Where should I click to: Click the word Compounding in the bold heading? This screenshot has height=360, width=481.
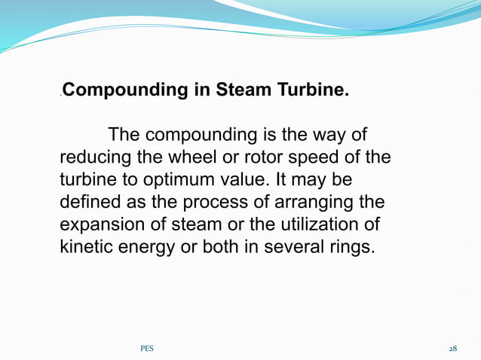(124, 92)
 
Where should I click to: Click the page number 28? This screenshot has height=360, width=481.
(452, 349)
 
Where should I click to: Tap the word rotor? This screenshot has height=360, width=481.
(259, 159)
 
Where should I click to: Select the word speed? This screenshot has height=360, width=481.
(311, 159)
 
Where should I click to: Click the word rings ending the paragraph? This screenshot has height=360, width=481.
(351, 247)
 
